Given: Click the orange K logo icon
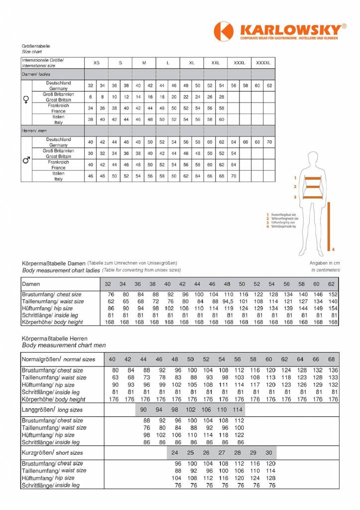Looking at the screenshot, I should click(x=224, y=32).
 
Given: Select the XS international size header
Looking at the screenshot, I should click(x=97, y=63).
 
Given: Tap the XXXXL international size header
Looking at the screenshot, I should click(x=263, y=63).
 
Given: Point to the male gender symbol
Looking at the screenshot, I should click(x=26, y=160).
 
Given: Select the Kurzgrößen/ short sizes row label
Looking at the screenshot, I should click(x=44, y=453).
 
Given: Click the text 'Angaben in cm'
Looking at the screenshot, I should click(x=325, y=262).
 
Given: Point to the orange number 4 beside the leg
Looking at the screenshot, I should click(x=333, y=249).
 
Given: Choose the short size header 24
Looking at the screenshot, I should click(x=175, y=453).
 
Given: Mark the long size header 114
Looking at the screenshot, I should click(x=238, y=409).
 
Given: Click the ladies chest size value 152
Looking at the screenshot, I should click(x=333, y=294).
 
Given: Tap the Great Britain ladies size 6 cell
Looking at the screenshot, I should click(x=91, y=97).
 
